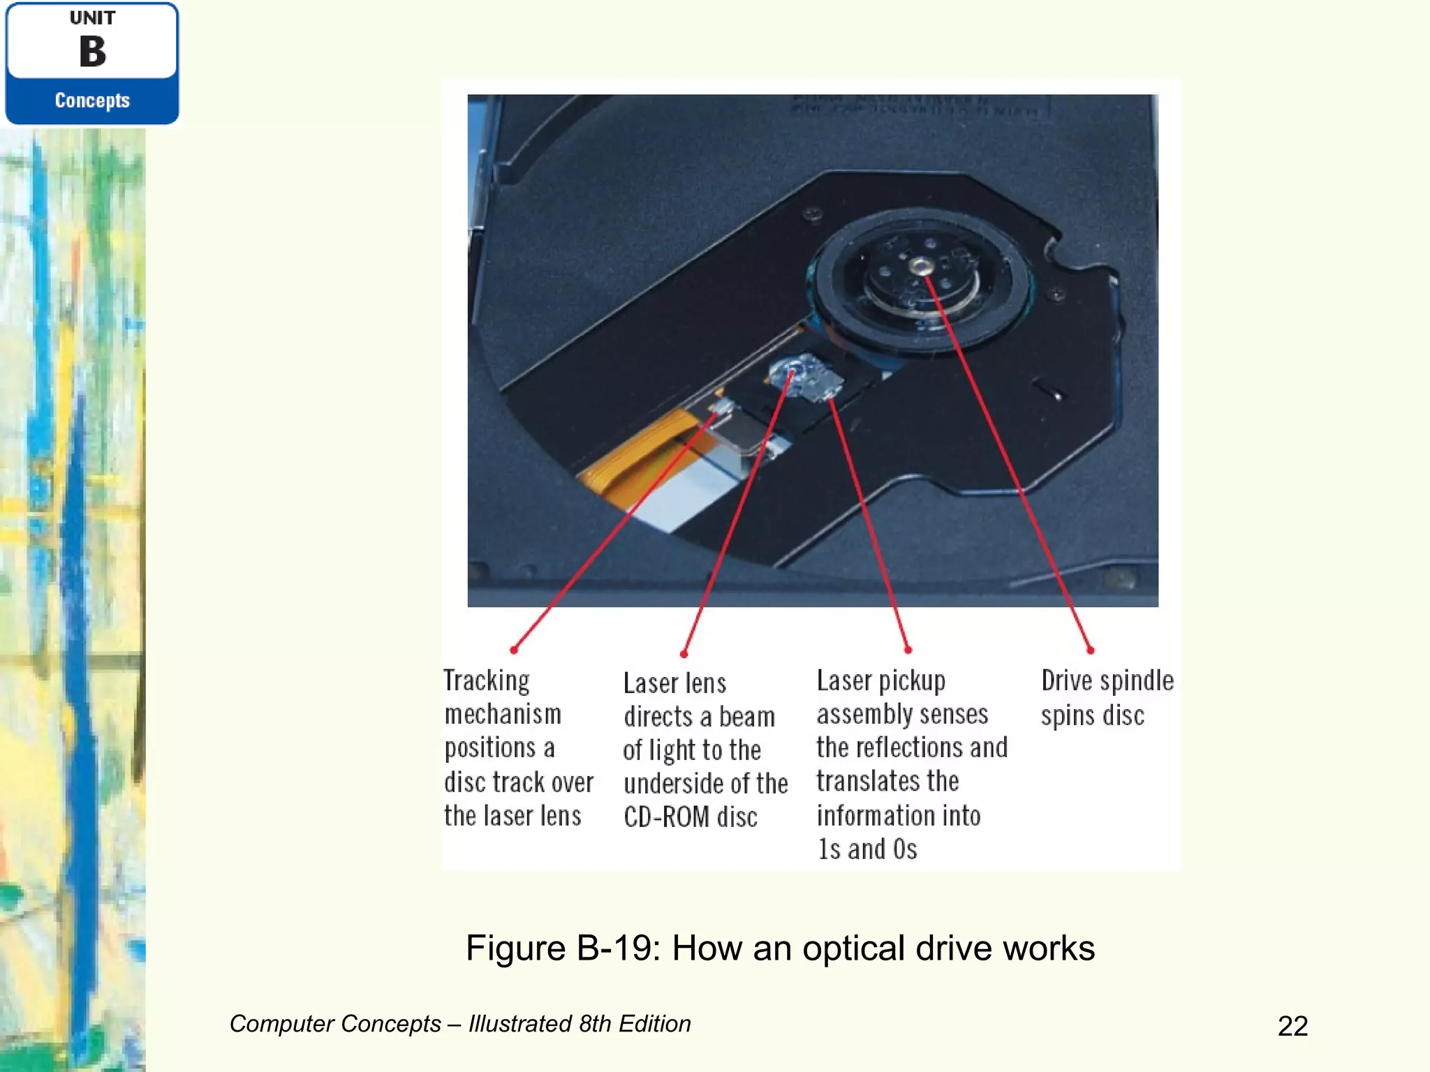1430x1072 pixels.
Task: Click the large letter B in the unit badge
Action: click(x=92, y=52)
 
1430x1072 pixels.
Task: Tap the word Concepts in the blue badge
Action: click(x=92, y=100)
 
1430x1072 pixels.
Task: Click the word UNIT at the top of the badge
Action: click(x=92, y=18)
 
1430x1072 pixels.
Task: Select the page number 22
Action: click(x=1292, y=1026)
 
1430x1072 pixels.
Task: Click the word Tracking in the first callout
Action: click(x=487, y=680)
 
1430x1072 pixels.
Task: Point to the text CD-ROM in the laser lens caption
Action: click(x=666, y=817)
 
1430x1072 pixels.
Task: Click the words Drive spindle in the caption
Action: click(x=1107, y=680)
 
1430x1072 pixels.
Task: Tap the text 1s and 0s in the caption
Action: click(x=867, y=849)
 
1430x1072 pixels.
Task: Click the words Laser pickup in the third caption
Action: click(x=881, y=680)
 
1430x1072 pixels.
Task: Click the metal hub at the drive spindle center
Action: click(x=921, y=265)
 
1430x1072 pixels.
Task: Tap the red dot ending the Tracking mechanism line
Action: click(x=514, y=650)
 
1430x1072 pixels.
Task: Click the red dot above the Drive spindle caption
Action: click(x=1091, y=650)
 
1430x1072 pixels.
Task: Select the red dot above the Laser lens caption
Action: click(x=684, y=654)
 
